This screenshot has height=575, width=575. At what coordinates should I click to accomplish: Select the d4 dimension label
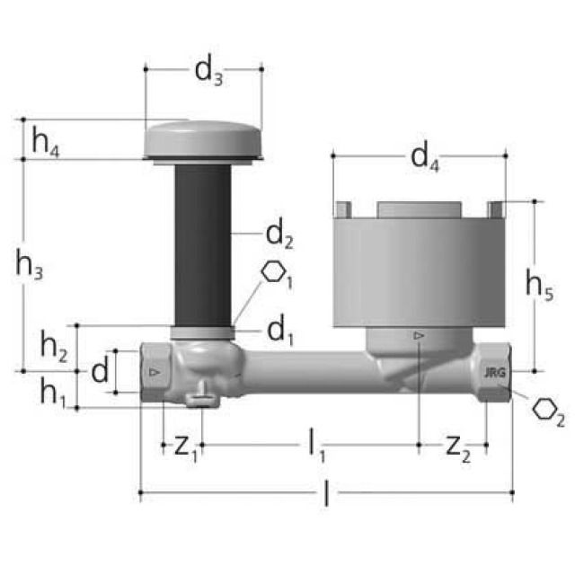(x=425, y=159)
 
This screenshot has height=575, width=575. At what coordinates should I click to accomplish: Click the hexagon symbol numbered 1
(x=277, y=274)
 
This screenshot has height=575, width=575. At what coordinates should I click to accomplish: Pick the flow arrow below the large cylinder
(x=419, y=336)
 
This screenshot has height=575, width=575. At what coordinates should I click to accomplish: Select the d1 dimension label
(x=279, y=332)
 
